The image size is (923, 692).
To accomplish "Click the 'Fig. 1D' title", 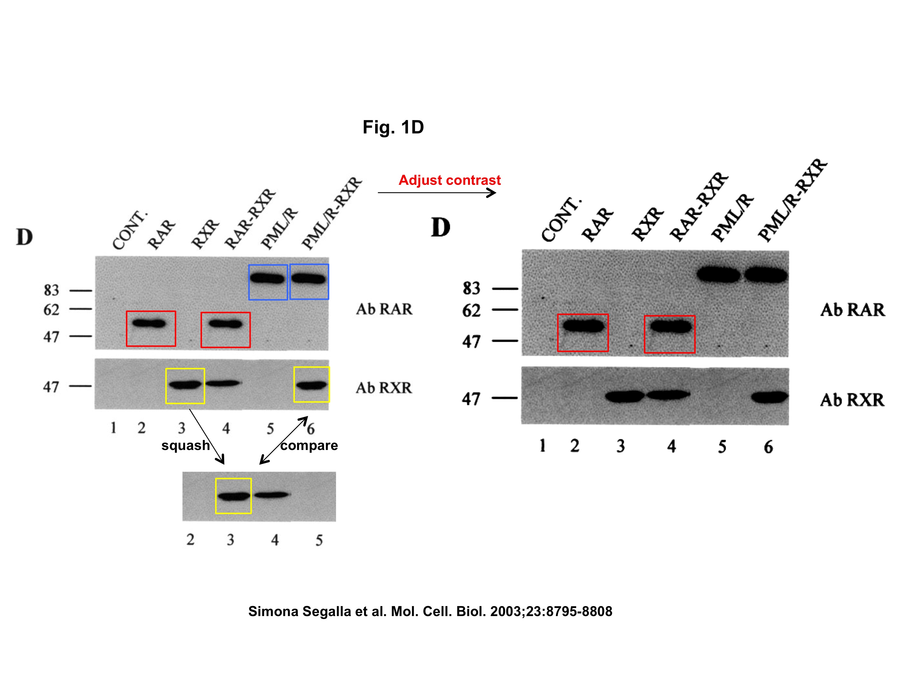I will click(393, 127).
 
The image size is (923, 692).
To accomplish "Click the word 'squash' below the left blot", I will click(185, 446).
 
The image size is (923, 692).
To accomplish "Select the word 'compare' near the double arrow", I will click(309, 446).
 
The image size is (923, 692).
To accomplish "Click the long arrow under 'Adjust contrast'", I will click(436, 193).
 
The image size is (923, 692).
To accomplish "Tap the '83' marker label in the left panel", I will click(51, 290).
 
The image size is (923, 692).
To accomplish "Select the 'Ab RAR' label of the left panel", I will click(384, 309).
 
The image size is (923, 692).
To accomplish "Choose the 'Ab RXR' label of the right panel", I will click(852, 400).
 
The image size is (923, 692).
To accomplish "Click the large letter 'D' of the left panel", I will click(24, 237).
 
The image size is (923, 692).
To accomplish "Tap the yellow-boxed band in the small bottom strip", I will click(233, 496).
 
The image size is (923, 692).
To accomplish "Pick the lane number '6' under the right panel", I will click(768, 447).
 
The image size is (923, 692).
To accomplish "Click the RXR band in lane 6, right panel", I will click(769, 397).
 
